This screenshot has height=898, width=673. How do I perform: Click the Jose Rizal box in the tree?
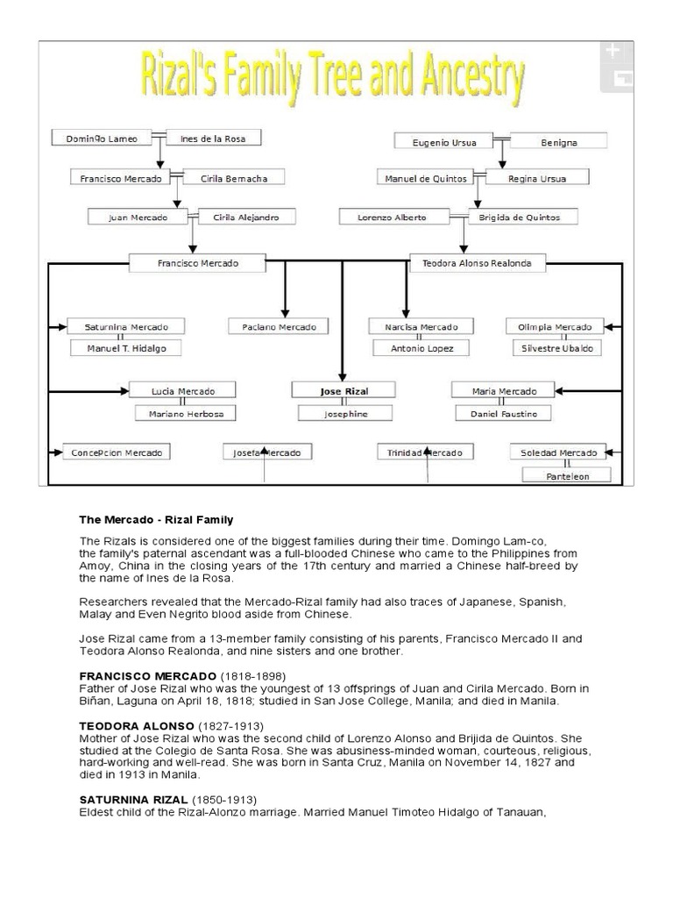[344, 389]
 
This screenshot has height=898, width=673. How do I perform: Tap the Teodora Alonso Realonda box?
[477, 262]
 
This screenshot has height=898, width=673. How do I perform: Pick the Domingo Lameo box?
[95, 138]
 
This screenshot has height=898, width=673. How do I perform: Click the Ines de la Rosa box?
[213, 138]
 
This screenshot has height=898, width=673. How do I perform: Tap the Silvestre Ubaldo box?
[557, 348]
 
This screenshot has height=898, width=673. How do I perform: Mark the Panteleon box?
[567, 476]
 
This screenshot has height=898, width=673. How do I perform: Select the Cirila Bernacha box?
[234, 178]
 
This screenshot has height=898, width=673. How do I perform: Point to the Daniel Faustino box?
[504, 412]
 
